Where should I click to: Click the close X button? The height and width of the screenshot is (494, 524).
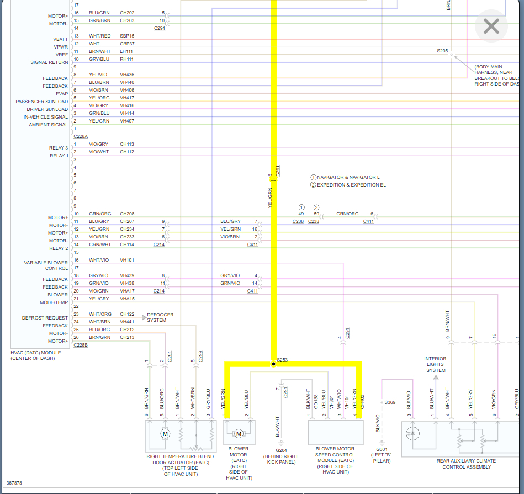click(491, 26)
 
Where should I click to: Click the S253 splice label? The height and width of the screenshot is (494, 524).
click(282, 360)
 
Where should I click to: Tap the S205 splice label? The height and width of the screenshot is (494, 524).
click(442, 51)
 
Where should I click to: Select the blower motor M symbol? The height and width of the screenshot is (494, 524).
click(239, 433)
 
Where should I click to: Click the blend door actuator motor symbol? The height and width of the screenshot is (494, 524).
click(165, 434)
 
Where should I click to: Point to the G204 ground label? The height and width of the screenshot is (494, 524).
click(282, 450)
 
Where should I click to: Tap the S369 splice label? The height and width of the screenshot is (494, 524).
click(390, 402)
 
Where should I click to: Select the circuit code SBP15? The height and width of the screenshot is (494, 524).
click(127, 36)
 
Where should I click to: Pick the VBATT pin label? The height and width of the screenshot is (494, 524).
click(61, 39)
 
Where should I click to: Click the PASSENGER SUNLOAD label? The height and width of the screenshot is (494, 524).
click(42, 102)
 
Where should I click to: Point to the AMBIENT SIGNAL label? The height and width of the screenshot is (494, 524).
click(49, 125)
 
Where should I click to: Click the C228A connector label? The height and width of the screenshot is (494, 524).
click(81, 136)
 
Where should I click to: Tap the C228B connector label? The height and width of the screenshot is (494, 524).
click(81, 345)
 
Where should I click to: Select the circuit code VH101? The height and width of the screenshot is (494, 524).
click(127, 260)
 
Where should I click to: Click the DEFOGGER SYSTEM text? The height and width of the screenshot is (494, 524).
click(160, 317)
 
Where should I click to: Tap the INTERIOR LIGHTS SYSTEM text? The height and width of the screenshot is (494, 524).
click(435, 364)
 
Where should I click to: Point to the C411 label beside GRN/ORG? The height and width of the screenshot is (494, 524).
click(368, 221)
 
